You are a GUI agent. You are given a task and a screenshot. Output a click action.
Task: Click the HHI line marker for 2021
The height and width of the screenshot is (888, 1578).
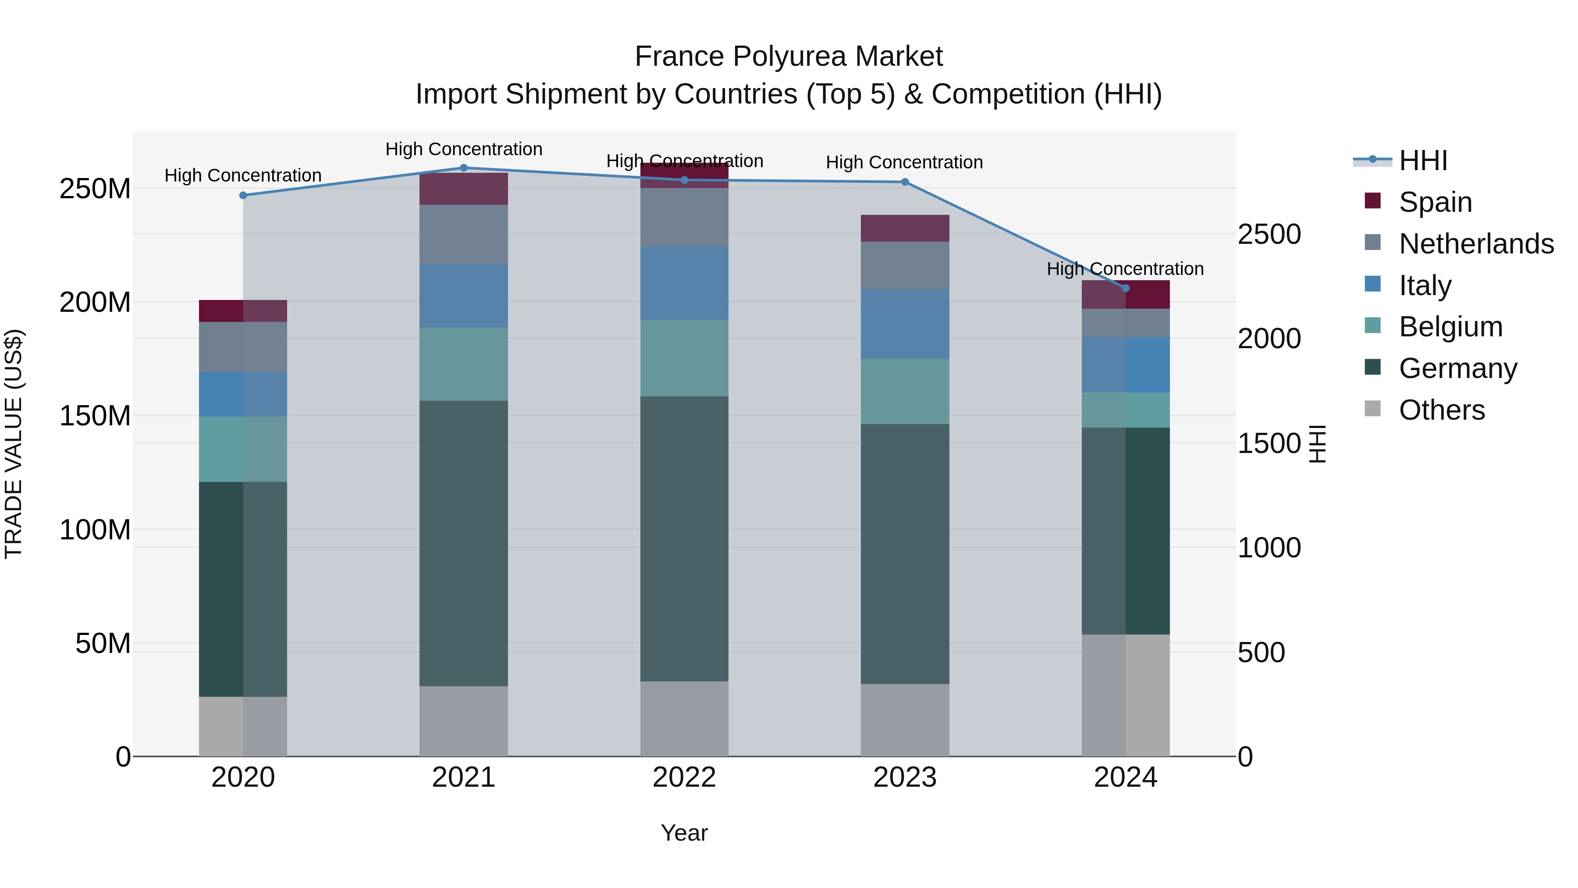[464, 168]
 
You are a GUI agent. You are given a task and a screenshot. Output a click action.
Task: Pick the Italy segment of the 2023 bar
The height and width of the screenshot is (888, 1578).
[905, 324]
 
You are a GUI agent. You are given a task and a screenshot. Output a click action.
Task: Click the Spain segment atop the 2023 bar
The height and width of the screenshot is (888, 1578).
[905, 228]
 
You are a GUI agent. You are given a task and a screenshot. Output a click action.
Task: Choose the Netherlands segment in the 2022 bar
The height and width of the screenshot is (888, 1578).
[684, 217]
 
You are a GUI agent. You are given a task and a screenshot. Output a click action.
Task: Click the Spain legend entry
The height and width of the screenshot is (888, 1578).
[1435, 202]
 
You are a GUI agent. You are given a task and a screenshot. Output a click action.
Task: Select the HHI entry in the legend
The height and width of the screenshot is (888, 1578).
[1423, 160]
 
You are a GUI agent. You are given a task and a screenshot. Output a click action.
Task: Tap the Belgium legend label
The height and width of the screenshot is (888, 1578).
[1450, 327]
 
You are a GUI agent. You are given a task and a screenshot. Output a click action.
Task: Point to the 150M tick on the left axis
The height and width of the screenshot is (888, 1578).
[95, 416]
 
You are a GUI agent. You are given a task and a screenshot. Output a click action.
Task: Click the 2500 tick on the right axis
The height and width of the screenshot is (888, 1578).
[1269, 235]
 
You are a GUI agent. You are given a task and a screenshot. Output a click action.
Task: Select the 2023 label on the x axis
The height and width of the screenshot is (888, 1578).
[905, 777]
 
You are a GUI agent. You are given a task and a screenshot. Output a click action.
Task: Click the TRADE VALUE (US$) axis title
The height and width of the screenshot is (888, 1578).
[14, 444]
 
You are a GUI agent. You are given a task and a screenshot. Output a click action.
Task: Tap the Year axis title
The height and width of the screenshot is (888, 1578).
[684, 833]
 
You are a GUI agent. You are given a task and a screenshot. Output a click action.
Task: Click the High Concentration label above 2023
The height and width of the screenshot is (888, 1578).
[904, 162]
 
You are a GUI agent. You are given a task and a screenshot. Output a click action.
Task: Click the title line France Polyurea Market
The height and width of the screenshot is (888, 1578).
[789, 57]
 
